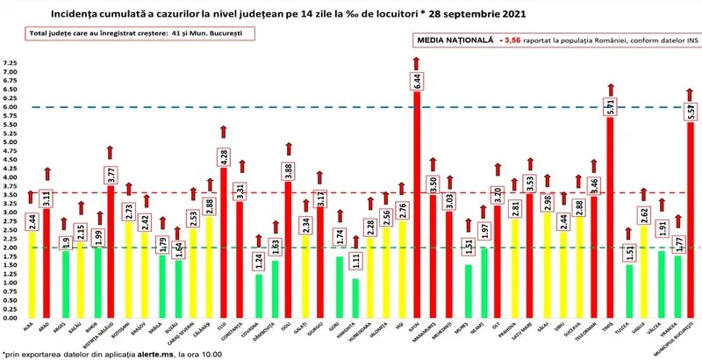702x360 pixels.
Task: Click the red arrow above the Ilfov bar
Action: (x=418, y=64)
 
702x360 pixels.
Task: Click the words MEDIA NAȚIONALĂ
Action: (x=450, y=40)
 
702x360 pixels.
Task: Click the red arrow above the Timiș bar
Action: (x=610, y=90)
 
